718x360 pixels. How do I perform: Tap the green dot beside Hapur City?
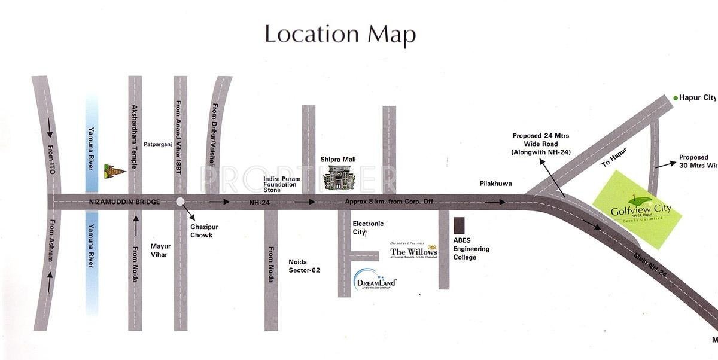(x=676, y=98)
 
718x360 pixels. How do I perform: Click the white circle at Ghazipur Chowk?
(x=180, y=202)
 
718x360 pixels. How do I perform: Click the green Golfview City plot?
(x=637, y=209)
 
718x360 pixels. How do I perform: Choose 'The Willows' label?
(x=413, y=252)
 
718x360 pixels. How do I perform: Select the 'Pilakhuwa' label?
(x=495, y=184)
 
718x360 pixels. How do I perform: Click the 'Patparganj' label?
(x=159, y=144)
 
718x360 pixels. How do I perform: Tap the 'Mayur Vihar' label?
(x=160, y=250)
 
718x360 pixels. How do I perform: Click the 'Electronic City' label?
(x=368, y=227)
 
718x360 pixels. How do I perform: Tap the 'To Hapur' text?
(x=614, y=157)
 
